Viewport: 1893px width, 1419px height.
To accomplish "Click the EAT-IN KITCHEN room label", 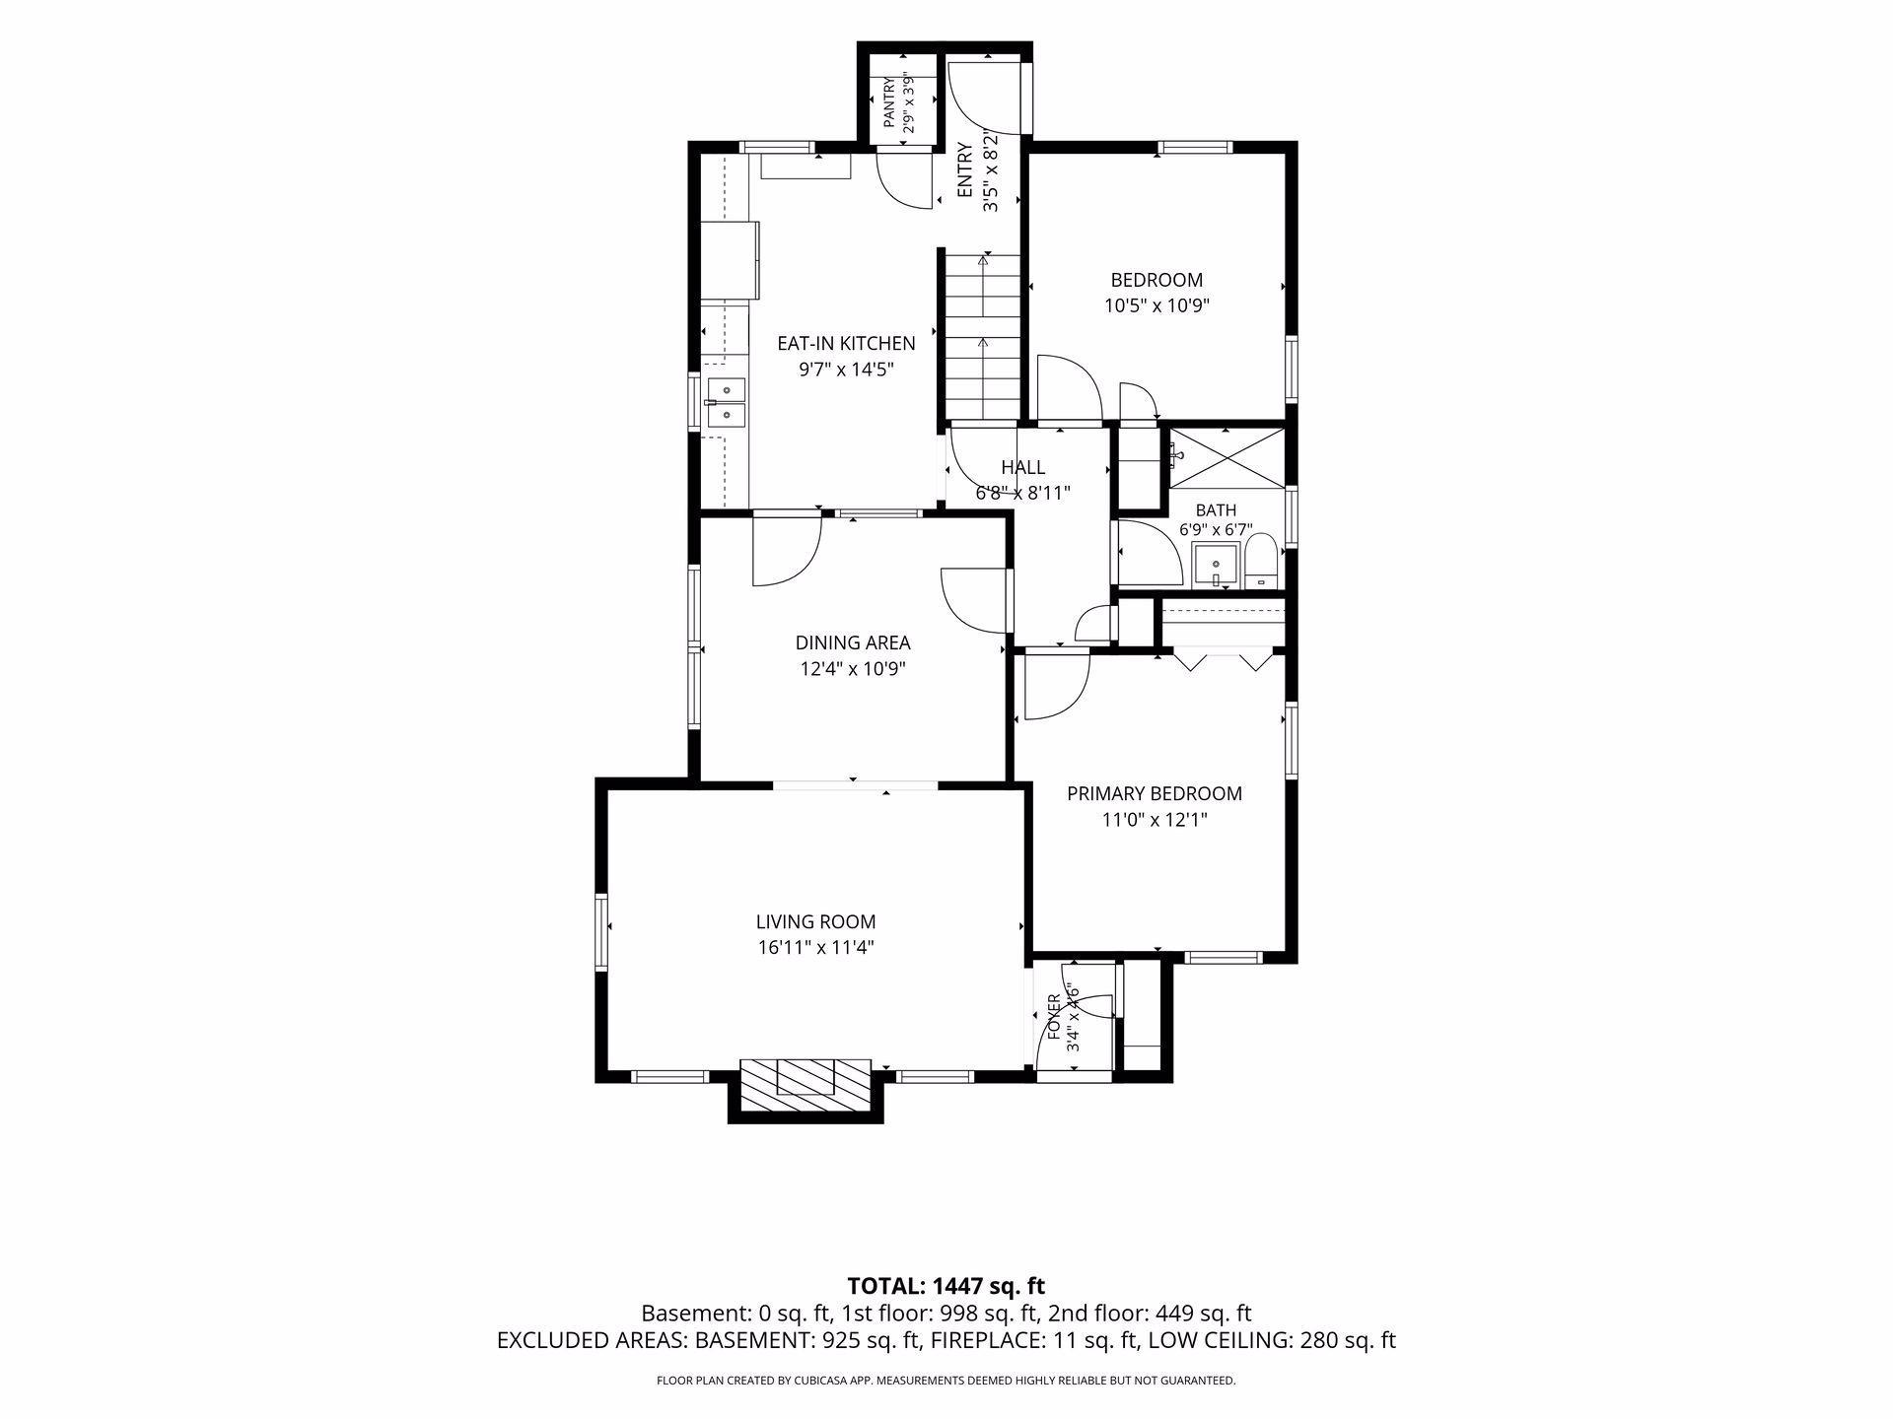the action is (846, 343).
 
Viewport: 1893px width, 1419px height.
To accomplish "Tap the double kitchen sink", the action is (727, 403).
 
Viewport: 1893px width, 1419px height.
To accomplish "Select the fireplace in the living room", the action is (806, 1090).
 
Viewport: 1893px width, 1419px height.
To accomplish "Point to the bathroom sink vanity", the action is (1216, 567).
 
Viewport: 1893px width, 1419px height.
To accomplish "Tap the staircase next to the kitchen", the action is (983, 335).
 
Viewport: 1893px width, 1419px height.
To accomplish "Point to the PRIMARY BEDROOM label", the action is (1155, 793).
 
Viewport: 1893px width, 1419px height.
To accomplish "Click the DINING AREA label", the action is (853, 642).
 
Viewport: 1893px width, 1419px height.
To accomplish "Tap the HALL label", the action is (1023, 467).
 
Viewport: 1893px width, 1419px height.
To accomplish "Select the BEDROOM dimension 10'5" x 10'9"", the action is (1157, 305).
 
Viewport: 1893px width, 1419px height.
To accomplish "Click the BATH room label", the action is (1216, 510).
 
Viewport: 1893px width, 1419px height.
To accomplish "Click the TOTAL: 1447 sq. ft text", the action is (946, 1285).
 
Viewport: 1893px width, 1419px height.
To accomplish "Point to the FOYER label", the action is (1054, 1017).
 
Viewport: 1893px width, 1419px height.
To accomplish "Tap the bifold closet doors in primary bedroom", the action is (1224, 659).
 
